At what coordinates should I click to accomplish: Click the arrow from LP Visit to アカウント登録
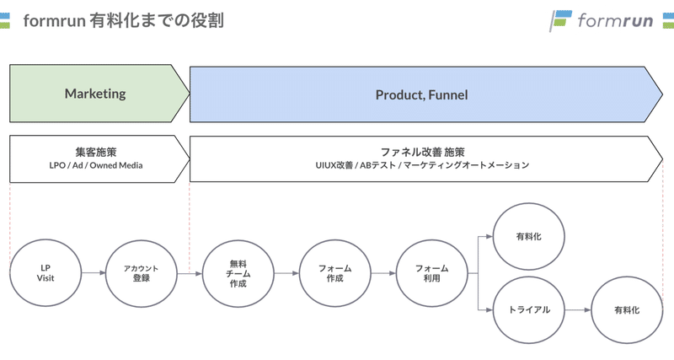(x=94, y=272)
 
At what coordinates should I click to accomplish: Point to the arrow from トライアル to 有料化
(x=578, y=310)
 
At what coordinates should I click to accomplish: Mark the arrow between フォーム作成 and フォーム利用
(x=383, y=273)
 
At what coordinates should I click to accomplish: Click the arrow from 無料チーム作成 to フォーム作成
(x=286, y=273)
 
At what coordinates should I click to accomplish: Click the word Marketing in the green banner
(x=95, y=94)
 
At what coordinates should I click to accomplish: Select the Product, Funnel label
(x=422, y=95)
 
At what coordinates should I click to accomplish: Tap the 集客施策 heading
(x=96, y=152)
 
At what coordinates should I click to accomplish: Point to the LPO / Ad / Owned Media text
(x=96, y=165)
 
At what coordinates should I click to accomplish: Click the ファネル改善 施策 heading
(x=423, y=152)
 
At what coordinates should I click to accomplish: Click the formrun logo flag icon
(x=560, y=20)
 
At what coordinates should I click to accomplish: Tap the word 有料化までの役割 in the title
(x=157, y=20)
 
